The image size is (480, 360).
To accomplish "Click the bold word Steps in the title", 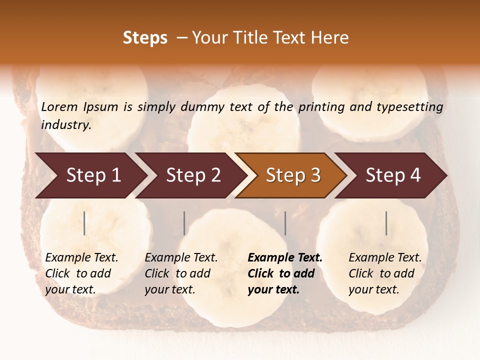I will coord(145,38).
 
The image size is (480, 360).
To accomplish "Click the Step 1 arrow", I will coord(93,175).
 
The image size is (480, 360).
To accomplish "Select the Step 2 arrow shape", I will coord(193,175).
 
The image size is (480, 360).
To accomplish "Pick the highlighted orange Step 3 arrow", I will coord(293,175).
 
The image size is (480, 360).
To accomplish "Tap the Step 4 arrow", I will coord(393,175).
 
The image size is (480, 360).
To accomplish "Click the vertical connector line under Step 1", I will coord(84,223).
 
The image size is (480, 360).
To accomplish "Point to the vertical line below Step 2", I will coord(184,223).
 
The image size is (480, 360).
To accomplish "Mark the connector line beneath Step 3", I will coord(285,223).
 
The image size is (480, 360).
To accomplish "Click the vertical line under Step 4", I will coord(386,223).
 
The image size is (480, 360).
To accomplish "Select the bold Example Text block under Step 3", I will coord(285,273).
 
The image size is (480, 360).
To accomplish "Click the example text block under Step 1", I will coord(81,273).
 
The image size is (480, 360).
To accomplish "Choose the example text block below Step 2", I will coord(181,273).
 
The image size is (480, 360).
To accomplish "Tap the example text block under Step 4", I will coord(385,273).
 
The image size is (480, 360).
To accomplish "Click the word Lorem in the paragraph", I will coord(59,107).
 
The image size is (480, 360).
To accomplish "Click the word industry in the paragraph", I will coord(66,125).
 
